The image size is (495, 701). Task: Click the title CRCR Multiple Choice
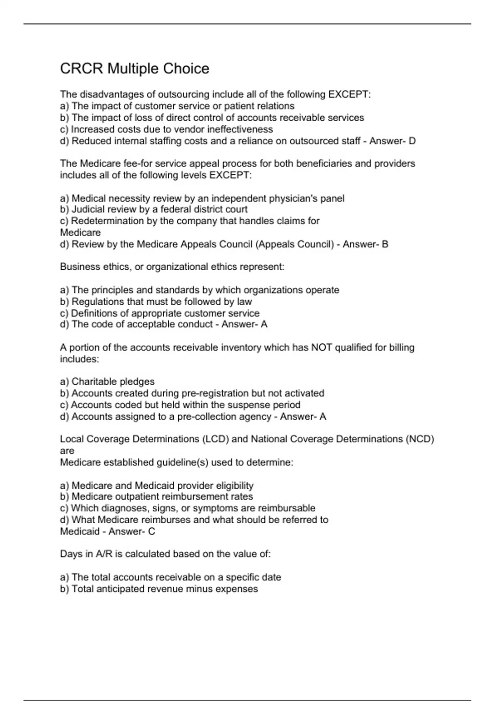(134, 68)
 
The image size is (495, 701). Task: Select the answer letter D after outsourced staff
(412, 141)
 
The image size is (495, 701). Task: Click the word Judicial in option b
(88, 209)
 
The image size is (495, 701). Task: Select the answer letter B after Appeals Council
(385, 244)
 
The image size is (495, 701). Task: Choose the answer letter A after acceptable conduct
(264, 324)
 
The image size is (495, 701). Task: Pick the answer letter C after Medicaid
(151, 532)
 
